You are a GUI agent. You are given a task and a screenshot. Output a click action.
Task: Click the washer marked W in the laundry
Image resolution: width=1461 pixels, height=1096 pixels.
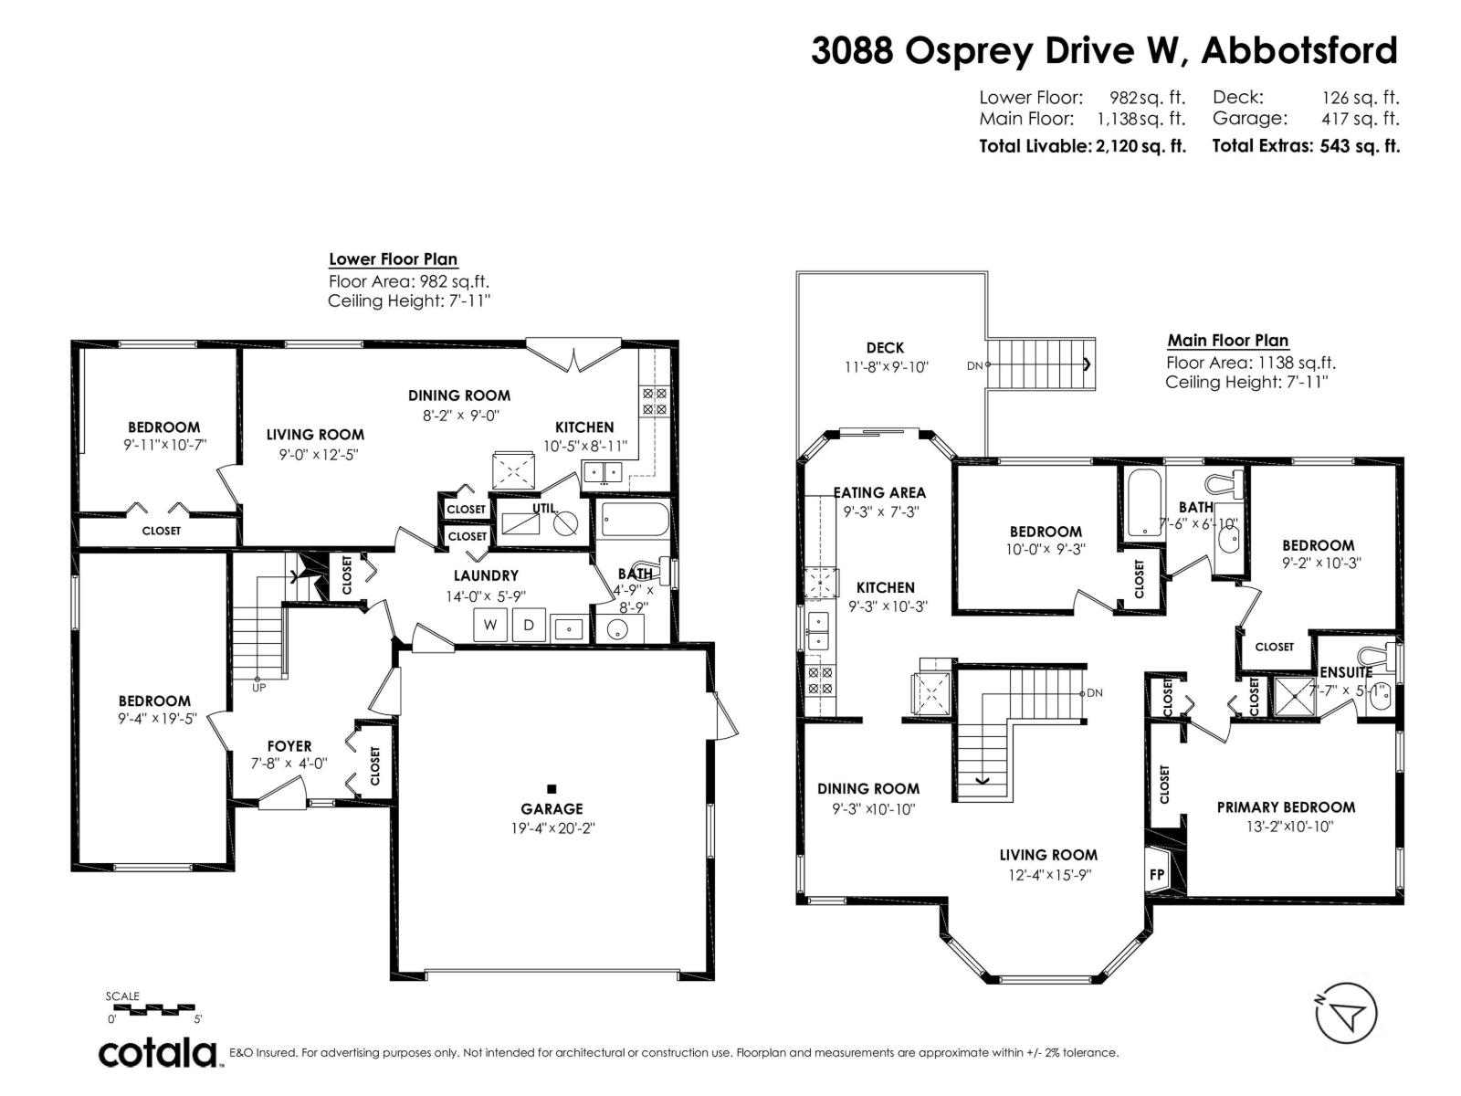(489, 625)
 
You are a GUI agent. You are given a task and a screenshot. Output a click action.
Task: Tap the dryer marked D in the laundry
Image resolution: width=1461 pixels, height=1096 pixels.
(529, 625)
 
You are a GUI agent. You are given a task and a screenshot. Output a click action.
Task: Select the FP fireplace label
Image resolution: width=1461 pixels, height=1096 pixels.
(1157, 874)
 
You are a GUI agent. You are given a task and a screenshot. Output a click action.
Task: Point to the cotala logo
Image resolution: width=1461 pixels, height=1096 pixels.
(158, 1053)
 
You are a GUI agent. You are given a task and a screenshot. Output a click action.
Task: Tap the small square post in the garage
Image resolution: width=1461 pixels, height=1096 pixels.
(552, 789)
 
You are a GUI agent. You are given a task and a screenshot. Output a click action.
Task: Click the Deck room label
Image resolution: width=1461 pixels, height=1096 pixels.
(885, 347)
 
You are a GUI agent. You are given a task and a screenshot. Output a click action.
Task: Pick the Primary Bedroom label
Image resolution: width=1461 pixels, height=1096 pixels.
(1286, 807)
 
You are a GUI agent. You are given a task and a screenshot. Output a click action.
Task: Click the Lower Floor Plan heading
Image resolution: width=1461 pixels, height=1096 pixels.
(394, 258)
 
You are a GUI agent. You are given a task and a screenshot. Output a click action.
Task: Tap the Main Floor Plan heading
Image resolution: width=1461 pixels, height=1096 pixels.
(1228, 340)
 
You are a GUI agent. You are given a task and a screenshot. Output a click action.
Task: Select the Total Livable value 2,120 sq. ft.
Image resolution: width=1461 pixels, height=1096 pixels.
(1140, 146)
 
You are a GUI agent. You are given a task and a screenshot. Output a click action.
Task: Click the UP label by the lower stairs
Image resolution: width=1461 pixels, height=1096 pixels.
(259, 688)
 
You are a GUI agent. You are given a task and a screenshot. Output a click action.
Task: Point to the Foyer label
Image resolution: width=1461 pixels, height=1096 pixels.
(289, 746)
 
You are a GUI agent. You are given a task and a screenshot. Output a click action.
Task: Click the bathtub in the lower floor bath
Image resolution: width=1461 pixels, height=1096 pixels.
(635, 520)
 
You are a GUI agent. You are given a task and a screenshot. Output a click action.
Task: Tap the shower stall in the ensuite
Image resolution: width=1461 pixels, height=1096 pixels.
(1295, 696)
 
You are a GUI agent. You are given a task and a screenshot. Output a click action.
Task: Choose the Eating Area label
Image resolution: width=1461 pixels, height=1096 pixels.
(879, 492)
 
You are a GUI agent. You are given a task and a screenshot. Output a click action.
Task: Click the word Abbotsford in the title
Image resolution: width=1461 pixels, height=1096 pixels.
(1299, 50)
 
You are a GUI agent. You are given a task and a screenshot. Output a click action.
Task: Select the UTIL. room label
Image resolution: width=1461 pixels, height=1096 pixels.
(544, 508)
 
